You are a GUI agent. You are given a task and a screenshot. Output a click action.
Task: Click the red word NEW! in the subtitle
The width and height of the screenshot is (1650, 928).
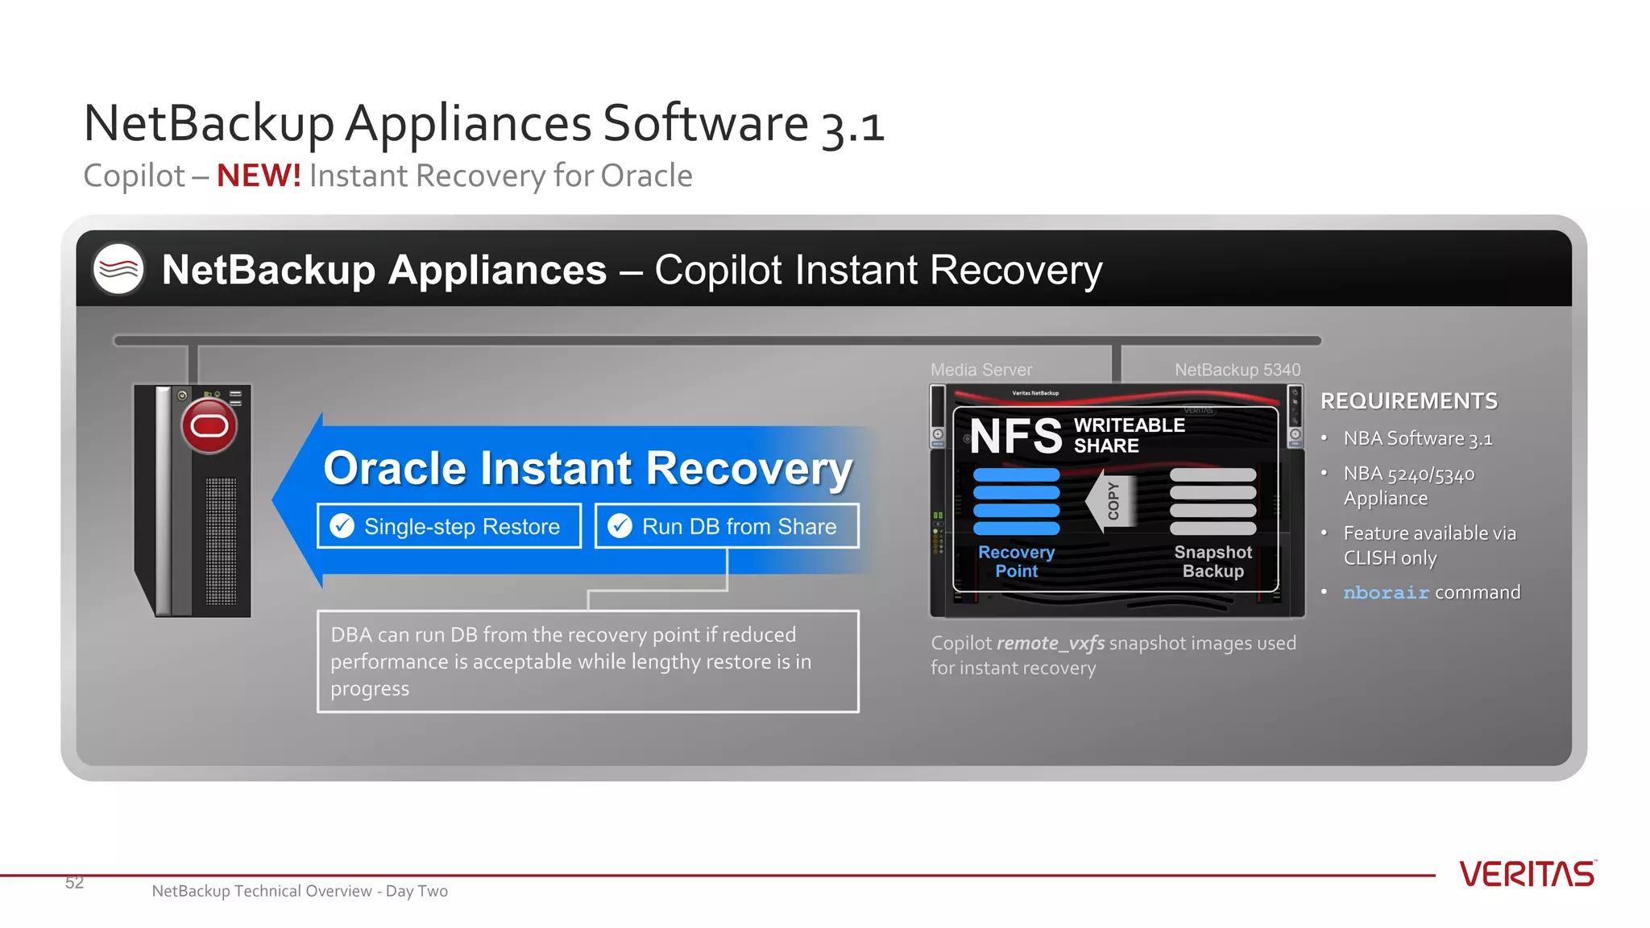[x=259, y=176]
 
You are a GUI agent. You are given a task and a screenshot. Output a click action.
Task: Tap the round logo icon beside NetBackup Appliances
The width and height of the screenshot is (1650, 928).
[x=118, y=269]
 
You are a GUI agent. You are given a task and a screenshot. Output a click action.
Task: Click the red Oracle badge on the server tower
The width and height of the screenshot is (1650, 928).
[x=209, y=425]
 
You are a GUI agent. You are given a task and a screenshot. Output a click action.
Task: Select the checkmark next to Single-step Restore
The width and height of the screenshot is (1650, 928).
[x=342, y=526]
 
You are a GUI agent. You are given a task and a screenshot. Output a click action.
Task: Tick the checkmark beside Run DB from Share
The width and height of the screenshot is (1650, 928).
[x=620, y=526]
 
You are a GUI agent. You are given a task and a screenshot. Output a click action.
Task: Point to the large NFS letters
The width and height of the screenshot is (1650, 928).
[x=1016, y=436]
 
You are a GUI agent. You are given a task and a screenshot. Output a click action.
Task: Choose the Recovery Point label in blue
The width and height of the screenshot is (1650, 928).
[x=1016, y=561]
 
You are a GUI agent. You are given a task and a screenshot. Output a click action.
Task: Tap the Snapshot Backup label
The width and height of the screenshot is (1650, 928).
[x=1213, y=561]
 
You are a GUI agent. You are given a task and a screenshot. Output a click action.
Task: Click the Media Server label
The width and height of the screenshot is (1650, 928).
[x=980, y=370]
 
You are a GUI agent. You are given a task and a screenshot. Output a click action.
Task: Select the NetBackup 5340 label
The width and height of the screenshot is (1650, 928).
[x=1237, y=370]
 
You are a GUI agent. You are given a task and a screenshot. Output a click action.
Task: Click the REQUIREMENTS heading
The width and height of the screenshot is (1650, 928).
[x=1408, y=401]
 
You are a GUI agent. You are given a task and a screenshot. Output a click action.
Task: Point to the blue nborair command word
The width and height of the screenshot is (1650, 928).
[x=1386, y=593]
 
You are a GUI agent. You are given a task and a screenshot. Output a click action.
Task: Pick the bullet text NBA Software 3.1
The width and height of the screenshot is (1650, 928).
[x=1417, y=439]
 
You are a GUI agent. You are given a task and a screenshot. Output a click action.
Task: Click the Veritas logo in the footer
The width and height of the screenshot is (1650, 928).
[x=1527, y=874]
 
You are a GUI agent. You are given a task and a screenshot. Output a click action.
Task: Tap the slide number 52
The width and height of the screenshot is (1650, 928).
[x=74, y=883]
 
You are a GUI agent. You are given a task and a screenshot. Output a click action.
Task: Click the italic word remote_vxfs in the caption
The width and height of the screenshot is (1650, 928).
[x=1051, y=644]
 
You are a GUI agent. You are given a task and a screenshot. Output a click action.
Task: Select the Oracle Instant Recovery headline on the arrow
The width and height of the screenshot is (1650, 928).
[x=587, y=469]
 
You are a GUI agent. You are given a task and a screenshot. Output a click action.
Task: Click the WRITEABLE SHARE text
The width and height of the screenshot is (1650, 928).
[x=1129, y=435]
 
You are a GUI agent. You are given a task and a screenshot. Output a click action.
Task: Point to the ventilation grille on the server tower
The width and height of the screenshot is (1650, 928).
[x=221, y=541]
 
